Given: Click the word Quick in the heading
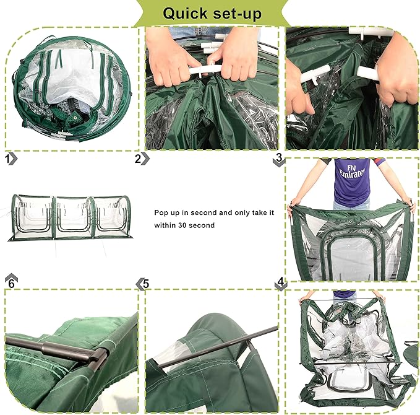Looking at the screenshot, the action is click(x=185, y=14).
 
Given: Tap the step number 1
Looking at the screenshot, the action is click(x=8, y=159).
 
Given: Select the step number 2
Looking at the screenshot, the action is click(x=138, y=159).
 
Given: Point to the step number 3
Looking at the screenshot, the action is click(x=279, y=157).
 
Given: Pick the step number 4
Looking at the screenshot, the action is click(x=280, y=282).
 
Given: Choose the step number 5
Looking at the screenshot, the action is click(x=146, y=284).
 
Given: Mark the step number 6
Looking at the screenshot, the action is click(x=11, y=284).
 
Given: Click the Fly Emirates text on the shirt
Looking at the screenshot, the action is click(x=352, y=172).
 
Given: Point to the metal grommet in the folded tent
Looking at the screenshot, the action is click(x=75, y=118).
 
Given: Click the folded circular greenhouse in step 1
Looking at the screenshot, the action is click(x=72, y=89).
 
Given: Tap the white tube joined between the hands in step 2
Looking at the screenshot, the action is click(x=205, y=70).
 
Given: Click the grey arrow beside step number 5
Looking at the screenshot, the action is click(x=139, y=284).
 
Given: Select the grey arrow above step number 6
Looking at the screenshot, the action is click(x=11, y=277).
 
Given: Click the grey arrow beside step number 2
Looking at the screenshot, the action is click(x=145, y=159).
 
